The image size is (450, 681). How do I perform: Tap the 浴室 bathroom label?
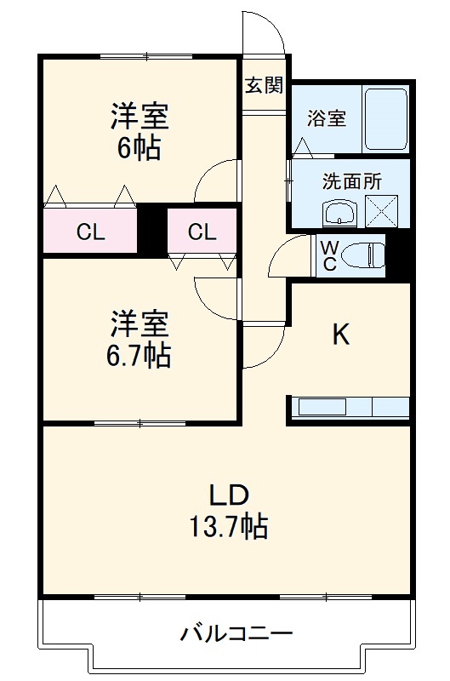click(327, 119)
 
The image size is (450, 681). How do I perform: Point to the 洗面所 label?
click(351, 181)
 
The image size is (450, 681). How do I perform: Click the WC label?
click(328, 254)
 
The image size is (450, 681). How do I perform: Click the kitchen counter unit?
click(350, 407)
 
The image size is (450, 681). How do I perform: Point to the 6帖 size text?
click(139, 148)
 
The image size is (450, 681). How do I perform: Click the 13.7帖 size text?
click(228, 527)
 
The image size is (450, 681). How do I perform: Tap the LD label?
click(228, 495)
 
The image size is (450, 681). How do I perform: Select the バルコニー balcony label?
click(236, 633)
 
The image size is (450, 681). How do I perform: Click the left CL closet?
click(90, 231)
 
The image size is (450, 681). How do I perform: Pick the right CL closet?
click(202, 231)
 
